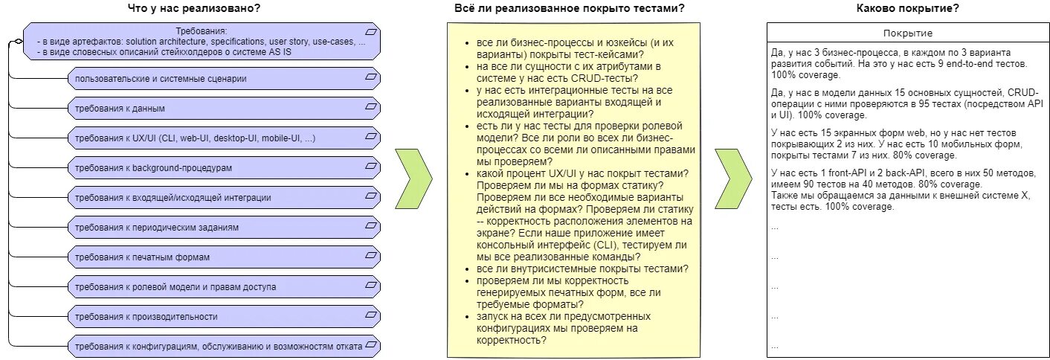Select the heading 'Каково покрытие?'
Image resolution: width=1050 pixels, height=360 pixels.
tap(907, 8)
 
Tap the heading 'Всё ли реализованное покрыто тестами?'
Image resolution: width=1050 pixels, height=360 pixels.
tap(570, 8)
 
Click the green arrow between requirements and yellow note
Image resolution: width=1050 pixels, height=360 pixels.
tap(413, 179)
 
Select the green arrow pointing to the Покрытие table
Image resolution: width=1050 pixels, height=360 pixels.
tap(733, 179)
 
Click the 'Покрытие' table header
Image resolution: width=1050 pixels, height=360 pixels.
tap(907, 33)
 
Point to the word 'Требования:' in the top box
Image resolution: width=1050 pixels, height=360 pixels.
tap(201, 31)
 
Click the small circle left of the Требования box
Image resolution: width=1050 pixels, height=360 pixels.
tap(10, 45)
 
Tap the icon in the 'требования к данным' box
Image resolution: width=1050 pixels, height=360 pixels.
tap(371, 108)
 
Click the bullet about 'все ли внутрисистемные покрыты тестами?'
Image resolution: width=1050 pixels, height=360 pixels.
tap(582, 269)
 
